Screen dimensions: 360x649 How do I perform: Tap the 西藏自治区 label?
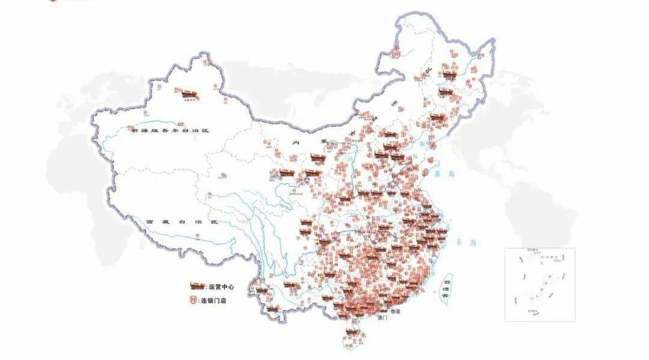click(x=183, y=222)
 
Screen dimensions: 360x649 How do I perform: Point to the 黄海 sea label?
click(x=444, y=174)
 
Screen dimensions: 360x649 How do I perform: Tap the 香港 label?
click(x=395, y=312)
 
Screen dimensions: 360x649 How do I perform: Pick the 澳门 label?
click(x=382, y=318)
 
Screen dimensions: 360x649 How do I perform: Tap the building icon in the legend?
click(x=197, y=286)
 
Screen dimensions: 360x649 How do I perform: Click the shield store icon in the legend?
click(x=195, y=301)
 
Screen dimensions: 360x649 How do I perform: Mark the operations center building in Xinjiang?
click(x=189, y=93)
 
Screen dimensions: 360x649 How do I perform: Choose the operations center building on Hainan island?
click(x=353, y=332)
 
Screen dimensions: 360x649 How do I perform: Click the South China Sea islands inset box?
click(x=539, y=284)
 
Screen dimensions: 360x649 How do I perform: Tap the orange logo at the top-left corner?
click(x=53, y=2)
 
